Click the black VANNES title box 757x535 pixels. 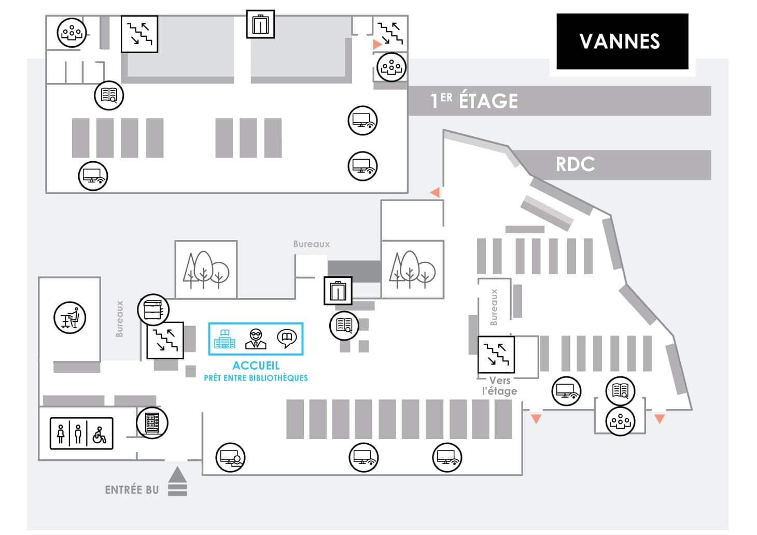[x=622, y=41]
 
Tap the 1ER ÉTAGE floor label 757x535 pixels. [x=474, y=101]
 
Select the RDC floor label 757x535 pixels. [x=575, y=164]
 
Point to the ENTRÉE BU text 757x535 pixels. [x=132, y=490]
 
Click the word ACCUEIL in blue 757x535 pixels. [x=256, y=365]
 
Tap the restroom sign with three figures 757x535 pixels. [x=81, y=433]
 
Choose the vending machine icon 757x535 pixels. [x=152, y=423]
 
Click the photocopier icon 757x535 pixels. [x=153, y=309]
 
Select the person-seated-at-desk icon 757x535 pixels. [x=70, y=318]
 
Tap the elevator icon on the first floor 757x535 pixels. [x=260, y=24]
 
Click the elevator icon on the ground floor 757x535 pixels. [x=338, y=291]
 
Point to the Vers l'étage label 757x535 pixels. [x=499, y=386]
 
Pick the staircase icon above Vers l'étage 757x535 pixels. [x=496, y=355]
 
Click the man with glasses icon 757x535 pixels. [x=256, y=339]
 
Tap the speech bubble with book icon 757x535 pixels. [x=287, y=339]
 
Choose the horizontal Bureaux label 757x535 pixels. [x=311, y=244]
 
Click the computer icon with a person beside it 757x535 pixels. [x=231, y=457]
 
